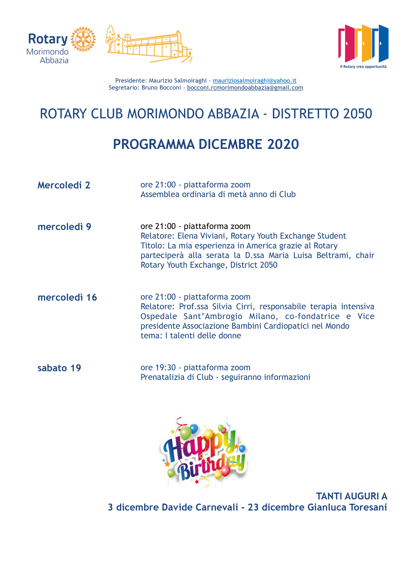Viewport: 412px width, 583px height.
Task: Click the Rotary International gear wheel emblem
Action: click(83, 39)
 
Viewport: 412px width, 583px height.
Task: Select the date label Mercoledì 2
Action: click(64, 185)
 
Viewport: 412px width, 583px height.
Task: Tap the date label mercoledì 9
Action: click(64, 227)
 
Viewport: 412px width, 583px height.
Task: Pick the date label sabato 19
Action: click(59, 368)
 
